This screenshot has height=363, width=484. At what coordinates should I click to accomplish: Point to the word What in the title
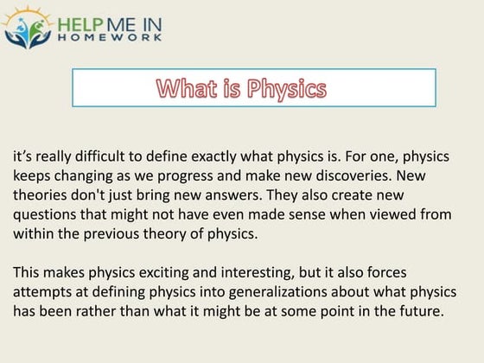(188, 88)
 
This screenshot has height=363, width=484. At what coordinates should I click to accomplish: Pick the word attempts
(44, 292)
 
